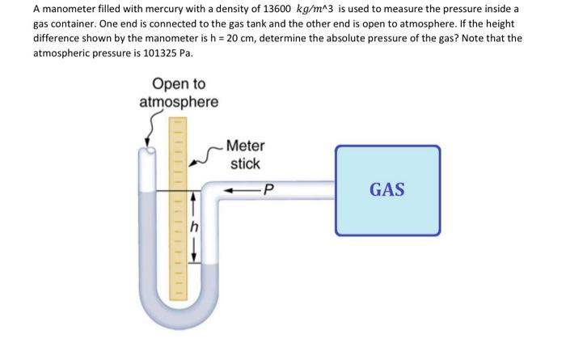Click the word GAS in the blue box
tap(387, 190)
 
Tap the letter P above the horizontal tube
tap(269, 191)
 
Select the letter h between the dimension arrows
tap(193, 227)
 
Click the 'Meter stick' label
tap(244, 155)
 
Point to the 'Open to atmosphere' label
tap(178, 93)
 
